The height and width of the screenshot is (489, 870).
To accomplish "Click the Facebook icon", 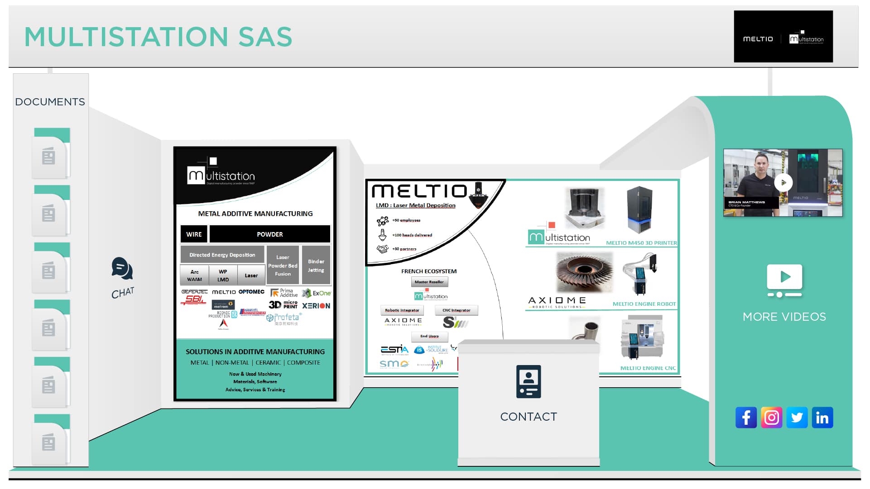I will click(x=746, y=418).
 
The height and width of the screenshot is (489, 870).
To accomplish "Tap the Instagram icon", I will click(x=771, y=418).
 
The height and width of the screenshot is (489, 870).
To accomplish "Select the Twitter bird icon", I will click(x=797, y=418).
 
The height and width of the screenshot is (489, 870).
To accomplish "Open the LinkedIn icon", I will click(x=822, y=418).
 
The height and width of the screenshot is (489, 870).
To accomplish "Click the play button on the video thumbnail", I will click(x=783, y=183).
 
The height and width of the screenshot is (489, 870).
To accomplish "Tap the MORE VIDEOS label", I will click(x=784, y=317).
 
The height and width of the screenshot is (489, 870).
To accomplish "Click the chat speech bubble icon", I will click(x=122, y=269).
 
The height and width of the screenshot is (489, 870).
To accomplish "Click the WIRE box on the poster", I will click(x=194, y=234).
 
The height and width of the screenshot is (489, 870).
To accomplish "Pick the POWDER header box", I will click(x=269, y=234).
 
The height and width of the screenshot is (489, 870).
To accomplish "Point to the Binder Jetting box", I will click(x=316, y=266).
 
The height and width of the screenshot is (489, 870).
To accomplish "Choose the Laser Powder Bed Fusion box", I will click(x=283, y=266).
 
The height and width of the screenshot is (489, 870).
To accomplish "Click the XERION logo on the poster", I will click(x=316, y=306).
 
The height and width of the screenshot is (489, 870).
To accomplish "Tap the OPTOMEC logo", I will click(x=251, y=292).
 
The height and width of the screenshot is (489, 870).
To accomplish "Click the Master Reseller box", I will click(x=429, y=282).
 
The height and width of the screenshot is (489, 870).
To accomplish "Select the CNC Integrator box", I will click(x=456, y=310).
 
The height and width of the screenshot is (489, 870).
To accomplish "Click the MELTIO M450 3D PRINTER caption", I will click(x=641, y=243).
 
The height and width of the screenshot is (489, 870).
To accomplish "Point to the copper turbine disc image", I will click(x=584, y=273).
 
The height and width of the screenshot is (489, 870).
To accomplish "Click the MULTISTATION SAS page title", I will click(x=158, y=37).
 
